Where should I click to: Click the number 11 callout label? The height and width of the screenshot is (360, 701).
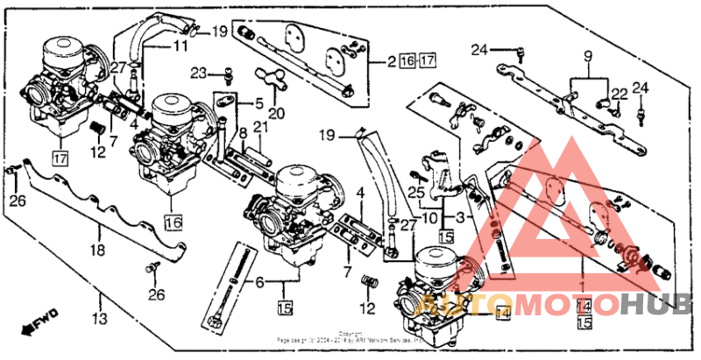coord(180,46)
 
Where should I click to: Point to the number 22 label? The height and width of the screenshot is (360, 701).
coord(619,94)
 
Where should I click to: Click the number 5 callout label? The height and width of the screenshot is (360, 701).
coord(259,282)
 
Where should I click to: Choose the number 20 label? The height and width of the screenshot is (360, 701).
coord(277,113)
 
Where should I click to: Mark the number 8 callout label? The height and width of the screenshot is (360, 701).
coord(242,133)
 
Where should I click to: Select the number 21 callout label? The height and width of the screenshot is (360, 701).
coord(259,128)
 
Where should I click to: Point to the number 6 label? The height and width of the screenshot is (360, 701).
coord(259,282)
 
